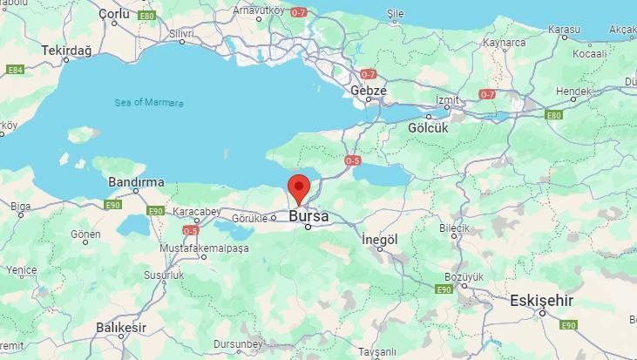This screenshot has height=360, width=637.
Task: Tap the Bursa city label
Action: [308, 215]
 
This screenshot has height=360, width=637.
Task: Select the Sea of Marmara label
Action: [149, 103]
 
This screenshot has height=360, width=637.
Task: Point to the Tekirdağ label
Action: [66, 51]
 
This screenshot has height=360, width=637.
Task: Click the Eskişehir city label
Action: [541, 300]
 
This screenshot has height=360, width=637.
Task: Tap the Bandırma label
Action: [136, 182]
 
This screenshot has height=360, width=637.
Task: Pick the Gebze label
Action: [368, 90]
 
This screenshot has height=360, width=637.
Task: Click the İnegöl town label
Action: [379, 239]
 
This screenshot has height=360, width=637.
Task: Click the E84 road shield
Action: [15, 70]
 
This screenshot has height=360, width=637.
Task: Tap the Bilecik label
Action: [454, 228]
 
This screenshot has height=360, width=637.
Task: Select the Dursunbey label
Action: [238, 344]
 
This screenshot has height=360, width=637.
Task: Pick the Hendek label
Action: [573, 90]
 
